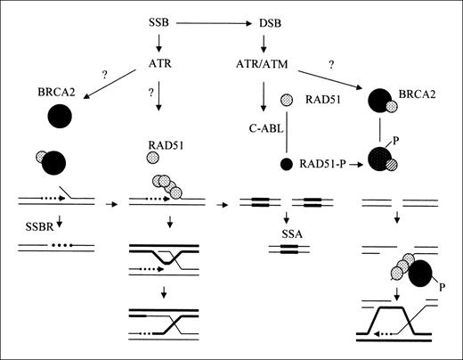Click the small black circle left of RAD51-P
(x=286, y=165)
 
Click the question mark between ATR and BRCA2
(x=104, y=76)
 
